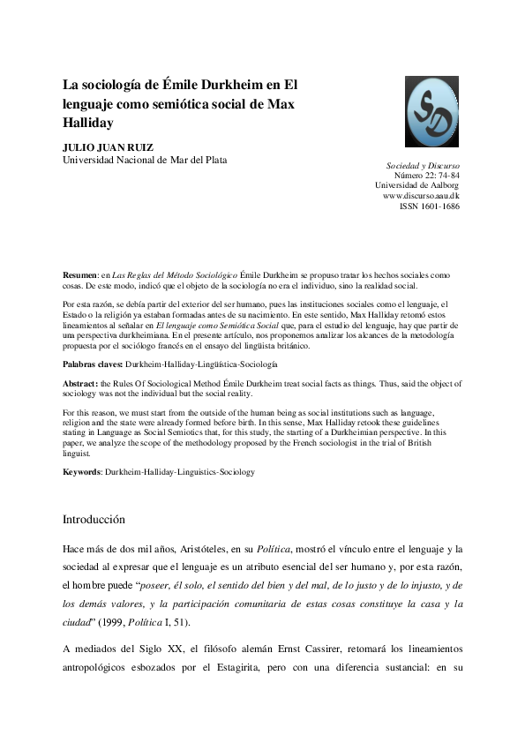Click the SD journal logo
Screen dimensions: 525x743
(x=432, y=112)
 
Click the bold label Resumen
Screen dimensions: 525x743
(x=80, y=276)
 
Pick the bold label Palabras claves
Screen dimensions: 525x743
(x=92, y=364)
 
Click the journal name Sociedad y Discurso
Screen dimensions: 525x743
(x=423, y=165)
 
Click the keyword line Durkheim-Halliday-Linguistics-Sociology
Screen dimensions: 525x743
(x=179, y=472)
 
